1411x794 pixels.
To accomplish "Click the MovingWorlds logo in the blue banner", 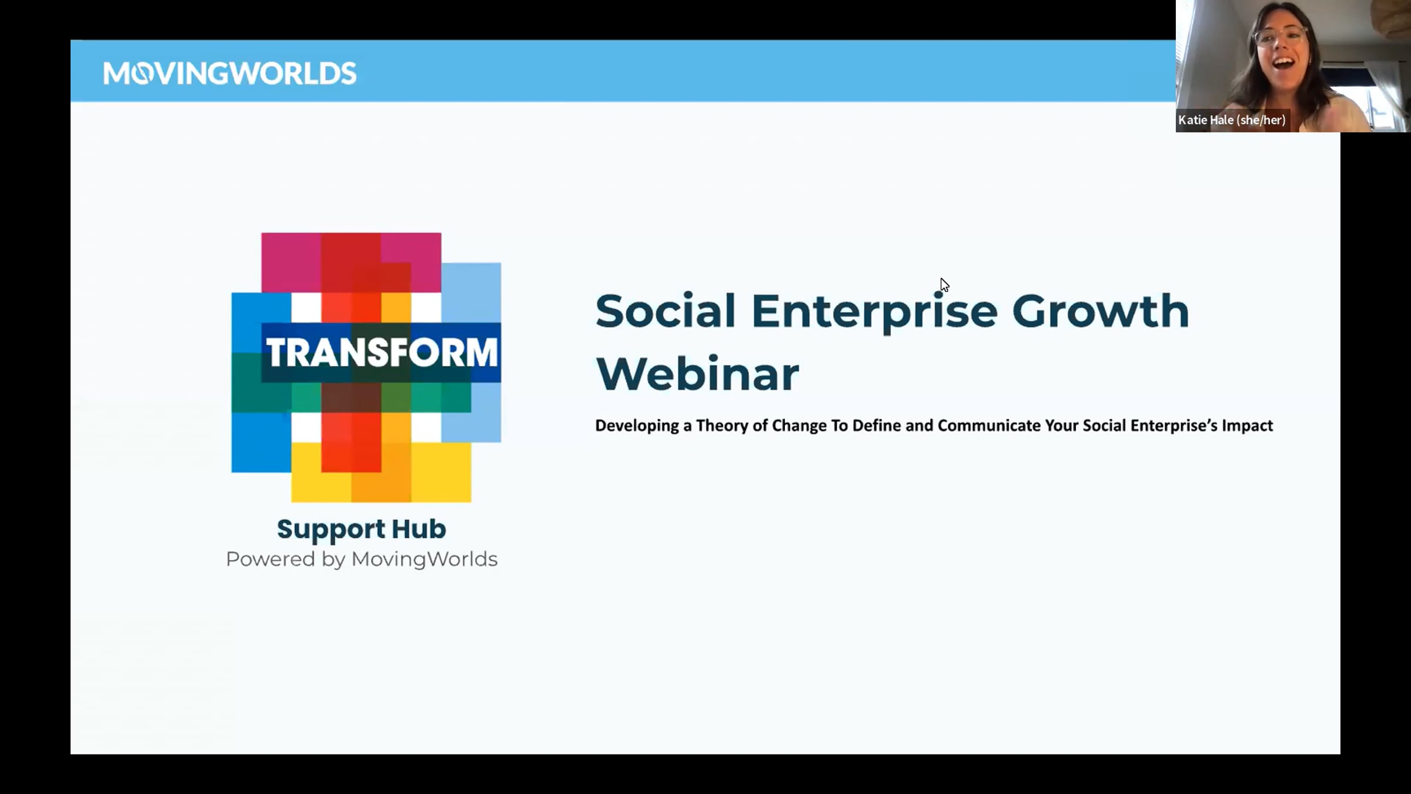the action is [230, 74].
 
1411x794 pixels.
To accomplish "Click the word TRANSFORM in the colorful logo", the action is [382, 353].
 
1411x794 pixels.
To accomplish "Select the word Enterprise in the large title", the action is [874, 312].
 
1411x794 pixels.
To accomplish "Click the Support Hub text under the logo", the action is [362, 529].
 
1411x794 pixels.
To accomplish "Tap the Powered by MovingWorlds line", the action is [362, 559].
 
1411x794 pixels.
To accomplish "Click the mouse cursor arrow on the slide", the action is [944, 285].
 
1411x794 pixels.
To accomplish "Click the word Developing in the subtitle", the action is [637, 426].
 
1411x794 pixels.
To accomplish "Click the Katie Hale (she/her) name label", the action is [1232, 120].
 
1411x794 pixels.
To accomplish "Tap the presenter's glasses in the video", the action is [1282, 36].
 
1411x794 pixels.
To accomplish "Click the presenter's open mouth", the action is [1283, 62].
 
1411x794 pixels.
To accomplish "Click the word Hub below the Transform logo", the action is [419, 528].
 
